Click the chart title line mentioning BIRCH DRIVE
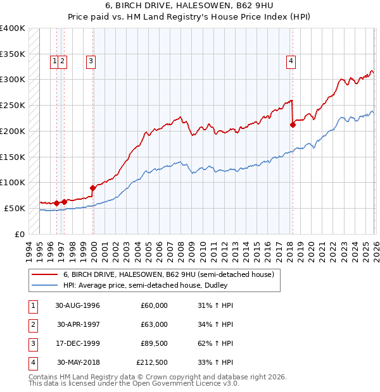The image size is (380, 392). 190,6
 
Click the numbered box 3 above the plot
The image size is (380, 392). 91,61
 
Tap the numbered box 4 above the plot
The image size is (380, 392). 291,61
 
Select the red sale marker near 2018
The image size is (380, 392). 293,125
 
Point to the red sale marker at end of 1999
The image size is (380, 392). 92,188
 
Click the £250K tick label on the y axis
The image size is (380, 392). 13,105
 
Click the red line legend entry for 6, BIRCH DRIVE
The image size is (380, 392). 168,274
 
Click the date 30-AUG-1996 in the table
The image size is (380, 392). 78,305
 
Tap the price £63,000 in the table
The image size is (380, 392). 154,324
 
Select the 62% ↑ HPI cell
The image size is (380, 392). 215,343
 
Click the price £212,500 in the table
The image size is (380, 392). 152,362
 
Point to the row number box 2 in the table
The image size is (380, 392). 32,324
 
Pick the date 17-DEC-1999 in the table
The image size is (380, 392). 78,343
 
